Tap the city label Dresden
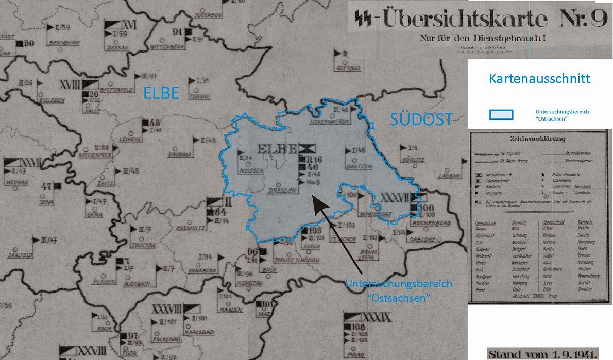tap(283, 191)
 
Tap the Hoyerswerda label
tap(330, 122)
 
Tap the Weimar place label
tap(15, 183)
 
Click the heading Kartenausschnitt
tap(539, 79)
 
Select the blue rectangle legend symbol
tap(500, 114)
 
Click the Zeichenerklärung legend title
tap(538, 138)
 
